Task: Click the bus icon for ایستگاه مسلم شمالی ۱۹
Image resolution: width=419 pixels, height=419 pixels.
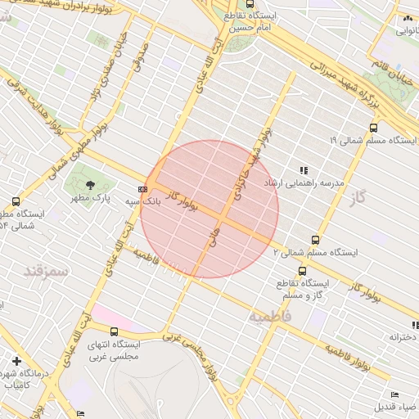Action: click(x=374, y=128)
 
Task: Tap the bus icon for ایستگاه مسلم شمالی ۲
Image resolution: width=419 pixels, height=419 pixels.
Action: click(x=316, y=240)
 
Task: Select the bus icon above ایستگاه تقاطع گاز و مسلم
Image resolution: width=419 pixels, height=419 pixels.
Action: click(x=303, y=271)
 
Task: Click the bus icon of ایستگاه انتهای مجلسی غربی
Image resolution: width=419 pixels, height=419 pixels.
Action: click(x=114, y=331)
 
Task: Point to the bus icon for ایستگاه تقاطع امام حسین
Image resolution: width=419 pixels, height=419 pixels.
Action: click(x=227, y=4)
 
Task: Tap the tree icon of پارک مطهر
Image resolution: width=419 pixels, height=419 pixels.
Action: click(x=90, y=186)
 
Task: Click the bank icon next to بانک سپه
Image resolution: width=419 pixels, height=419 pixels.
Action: click(x=144, y=189)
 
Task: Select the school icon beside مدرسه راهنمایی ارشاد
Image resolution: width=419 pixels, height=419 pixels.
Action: click(x=304, y=170)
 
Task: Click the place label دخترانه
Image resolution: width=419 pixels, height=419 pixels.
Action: click(x=403, y=336)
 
